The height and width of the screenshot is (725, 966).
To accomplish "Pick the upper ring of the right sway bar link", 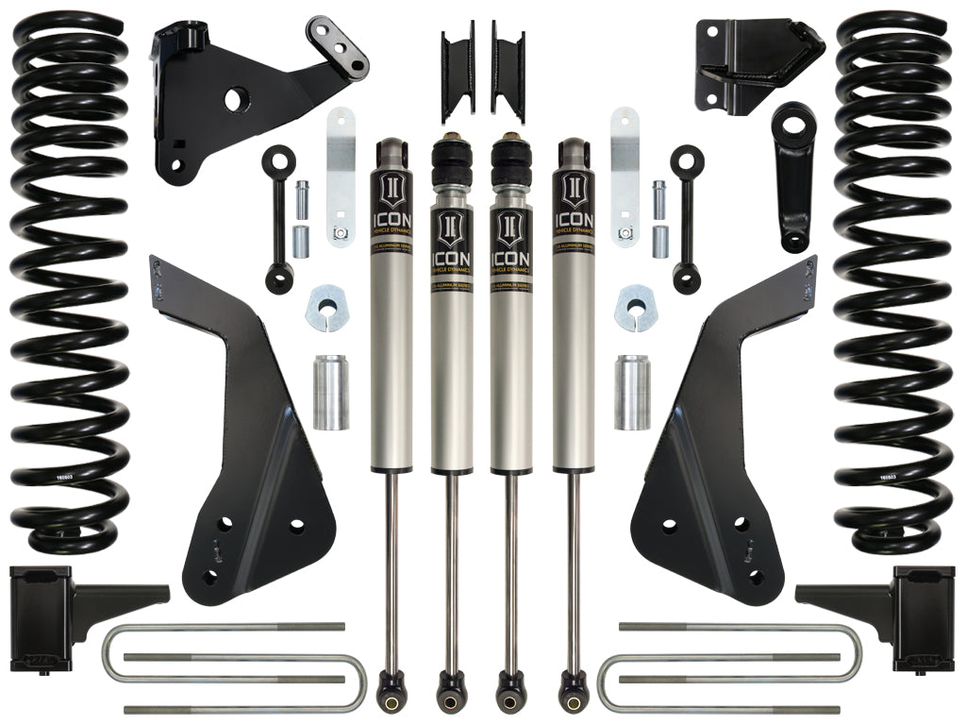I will click(686, 155).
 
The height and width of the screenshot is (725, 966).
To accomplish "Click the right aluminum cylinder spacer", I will click(632, 392).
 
